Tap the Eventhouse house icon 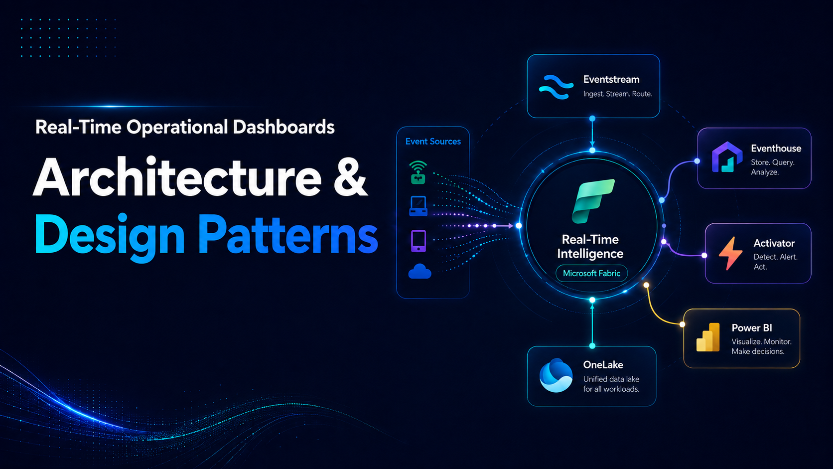727,157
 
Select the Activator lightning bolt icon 730,253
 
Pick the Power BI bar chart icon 707,337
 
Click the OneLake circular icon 556,375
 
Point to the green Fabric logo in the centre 593,201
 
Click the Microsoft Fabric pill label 592,273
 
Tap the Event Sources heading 433,142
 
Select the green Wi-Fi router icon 418,172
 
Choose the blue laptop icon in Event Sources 418,206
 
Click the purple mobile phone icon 418,241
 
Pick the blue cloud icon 420,271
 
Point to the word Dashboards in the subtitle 284,127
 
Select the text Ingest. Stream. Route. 618,94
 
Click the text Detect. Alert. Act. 775,262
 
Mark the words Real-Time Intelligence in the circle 590,246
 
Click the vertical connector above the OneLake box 592,323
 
